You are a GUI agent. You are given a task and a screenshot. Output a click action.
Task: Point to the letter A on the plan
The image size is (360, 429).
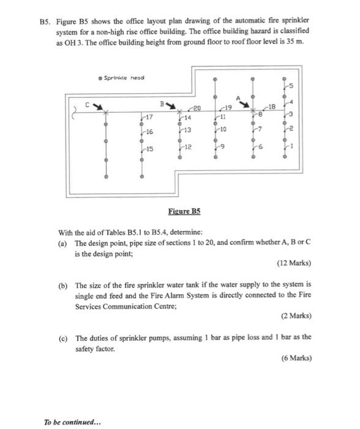coord(240,94)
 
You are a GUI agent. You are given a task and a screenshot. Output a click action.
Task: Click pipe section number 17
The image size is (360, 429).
coord(149,116)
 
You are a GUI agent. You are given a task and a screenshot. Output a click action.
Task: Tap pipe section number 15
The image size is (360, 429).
coord(149,150)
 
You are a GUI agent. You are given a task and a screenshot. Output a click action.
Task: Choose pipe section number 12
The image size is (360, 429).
coord(188,148)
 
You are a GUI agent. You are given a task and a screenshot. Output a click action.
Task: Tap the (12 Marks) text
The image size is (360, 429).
coord(294,264)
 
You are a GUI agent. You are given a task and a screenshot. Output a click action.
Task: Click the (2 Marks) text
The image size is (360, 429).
coord(296,316)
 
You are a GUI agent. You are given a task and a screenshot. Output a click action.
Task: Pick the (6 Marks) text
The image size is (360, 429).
coord(296,358)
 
